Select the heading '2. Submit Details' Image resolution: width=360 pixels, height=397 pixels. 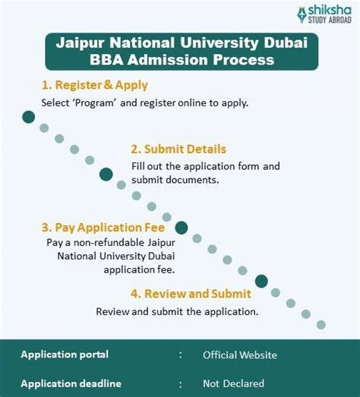178,149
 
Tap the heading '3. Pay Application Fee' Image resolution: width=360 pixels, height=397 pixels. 103,226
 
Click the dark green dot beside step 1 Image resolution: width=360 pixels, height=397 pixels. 29,116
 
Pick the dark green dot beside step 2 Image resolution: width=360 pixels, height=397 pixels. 106,174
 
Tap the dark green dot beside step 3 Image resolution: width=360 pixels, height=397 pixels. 182,227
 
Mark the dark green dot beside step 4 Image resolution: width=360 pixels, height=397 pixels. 261,281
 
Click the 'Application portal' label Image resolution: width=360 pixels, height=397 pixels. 65,354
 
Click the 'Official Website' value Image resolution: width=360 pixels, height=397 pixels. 240,354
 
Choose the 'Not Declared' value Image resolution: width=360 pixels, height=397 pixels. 234,383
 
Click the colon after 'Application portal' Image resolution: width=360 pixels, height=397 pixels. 181,354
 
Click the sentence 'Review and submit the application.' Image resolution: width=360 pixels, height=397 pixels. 177,311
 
